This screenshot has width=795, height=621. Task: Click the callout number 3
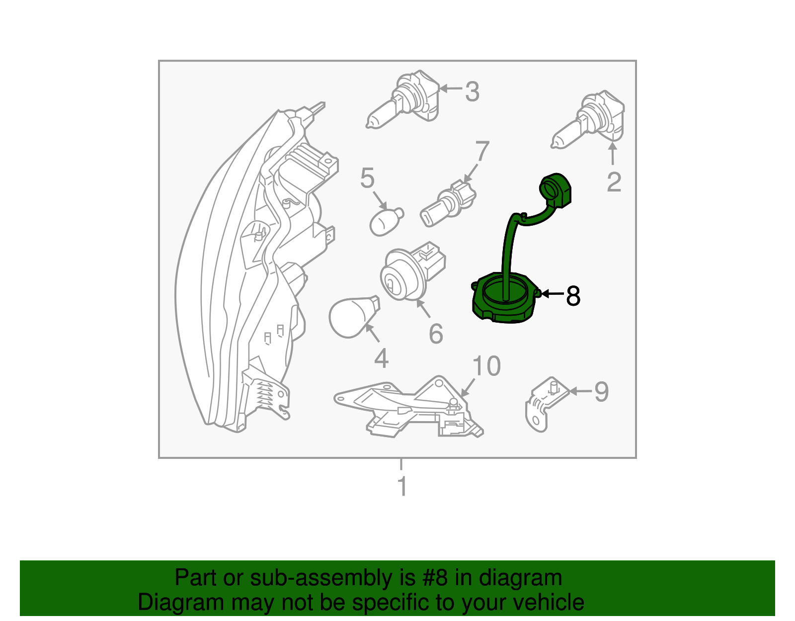472,91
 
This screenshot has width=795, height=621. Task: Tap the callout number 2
614,182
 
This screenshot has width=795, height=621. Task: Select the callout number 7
482,151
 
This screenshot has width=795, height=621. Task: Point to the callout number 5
367,178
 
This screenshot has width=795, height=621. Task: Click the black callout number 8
573,295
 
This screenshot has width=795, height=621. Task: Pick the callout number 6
436,334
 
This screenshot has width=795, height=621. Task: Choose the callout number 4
381,358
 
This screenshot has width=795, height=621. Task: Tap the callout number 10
486,365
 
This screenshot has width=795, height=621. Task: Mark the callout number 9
601,392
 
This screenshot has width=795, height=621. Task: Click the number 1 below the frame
402,486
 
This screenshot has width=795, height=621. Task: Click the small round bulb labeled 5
387,222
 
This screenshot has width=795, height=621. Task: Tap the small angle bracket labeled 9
547,404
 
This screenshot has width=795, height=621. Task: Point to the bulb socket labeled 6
412,271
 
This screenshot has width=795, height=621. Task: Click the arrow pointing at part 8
552,293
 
